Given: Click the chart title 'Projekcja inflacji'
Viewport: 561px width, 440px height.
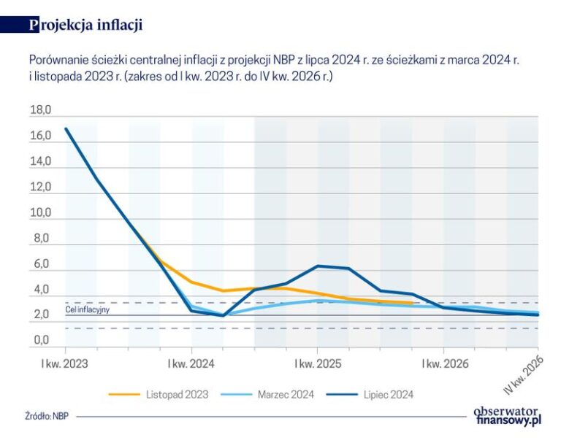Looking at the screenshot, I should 85,25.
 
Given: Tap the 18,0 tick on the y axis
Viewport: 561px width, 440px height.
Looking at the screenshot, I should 39,111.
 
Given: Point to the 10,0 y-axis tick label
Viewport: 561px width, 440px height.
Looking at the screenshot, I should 39,213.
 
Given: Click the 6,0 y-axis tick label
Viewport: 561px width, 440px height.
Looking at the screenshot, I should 42,264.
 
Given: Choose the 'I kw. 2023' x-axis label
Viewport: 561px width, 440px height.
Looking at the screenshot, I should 65,362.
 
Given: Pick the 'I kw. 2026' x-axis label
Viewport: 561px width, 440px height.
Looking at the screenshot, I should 443,362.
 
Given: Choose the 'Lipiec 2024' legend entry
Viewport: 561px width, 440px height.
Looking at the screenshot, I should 388,395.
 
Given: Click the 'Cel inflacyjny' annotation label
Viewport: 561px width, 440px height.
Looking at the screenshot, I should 87,309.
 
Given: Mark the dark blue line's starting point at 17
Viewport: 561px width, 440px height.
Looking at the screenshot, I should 66,129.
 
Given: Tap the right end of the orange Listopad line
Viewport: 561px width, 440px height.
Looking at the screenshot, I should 413,303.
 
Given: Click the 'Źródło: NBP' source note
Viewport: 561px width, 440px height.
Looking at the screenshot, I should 45,417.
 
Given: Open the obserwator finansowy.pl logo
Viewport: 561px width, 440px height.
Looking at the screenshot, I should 507,415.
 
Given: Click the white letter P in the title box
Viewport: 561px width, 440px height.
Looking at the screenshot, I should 34,25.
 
